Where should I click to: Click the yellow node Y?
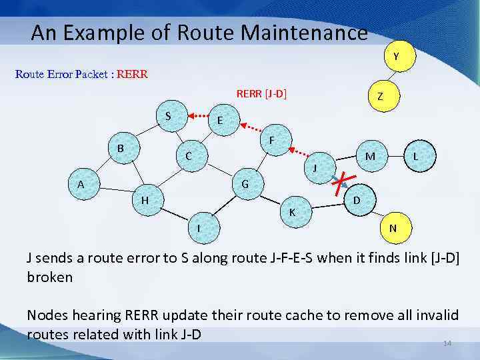coord(396,57)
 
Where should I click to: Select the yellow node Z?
coord(379,97)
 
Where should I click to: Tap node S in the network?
coord(168,115)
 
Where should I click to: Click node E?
coord(219,121)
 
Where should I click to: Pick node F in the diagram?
coord(272,141)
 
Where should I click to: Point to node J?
coord(315,167)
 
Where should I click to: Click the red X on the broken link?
coord(343,179)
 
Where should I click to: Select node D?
coord(357,200)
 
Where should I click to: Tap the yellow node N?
coord(393,228)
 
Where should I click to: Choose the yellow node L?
coord(415,156)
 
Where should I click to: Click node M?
coord(370,156)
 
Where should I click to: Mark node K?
coord(291,212)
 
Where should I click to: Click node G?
coord(245,183)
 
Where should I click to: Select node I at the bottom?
coord(199,229)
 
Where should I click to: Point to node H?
coord(145,199)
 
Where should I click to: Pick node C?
coord(189,157)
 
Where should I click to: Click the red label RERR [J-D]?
coord(261,94)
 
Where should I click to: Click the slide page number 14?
coord(447,343)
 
